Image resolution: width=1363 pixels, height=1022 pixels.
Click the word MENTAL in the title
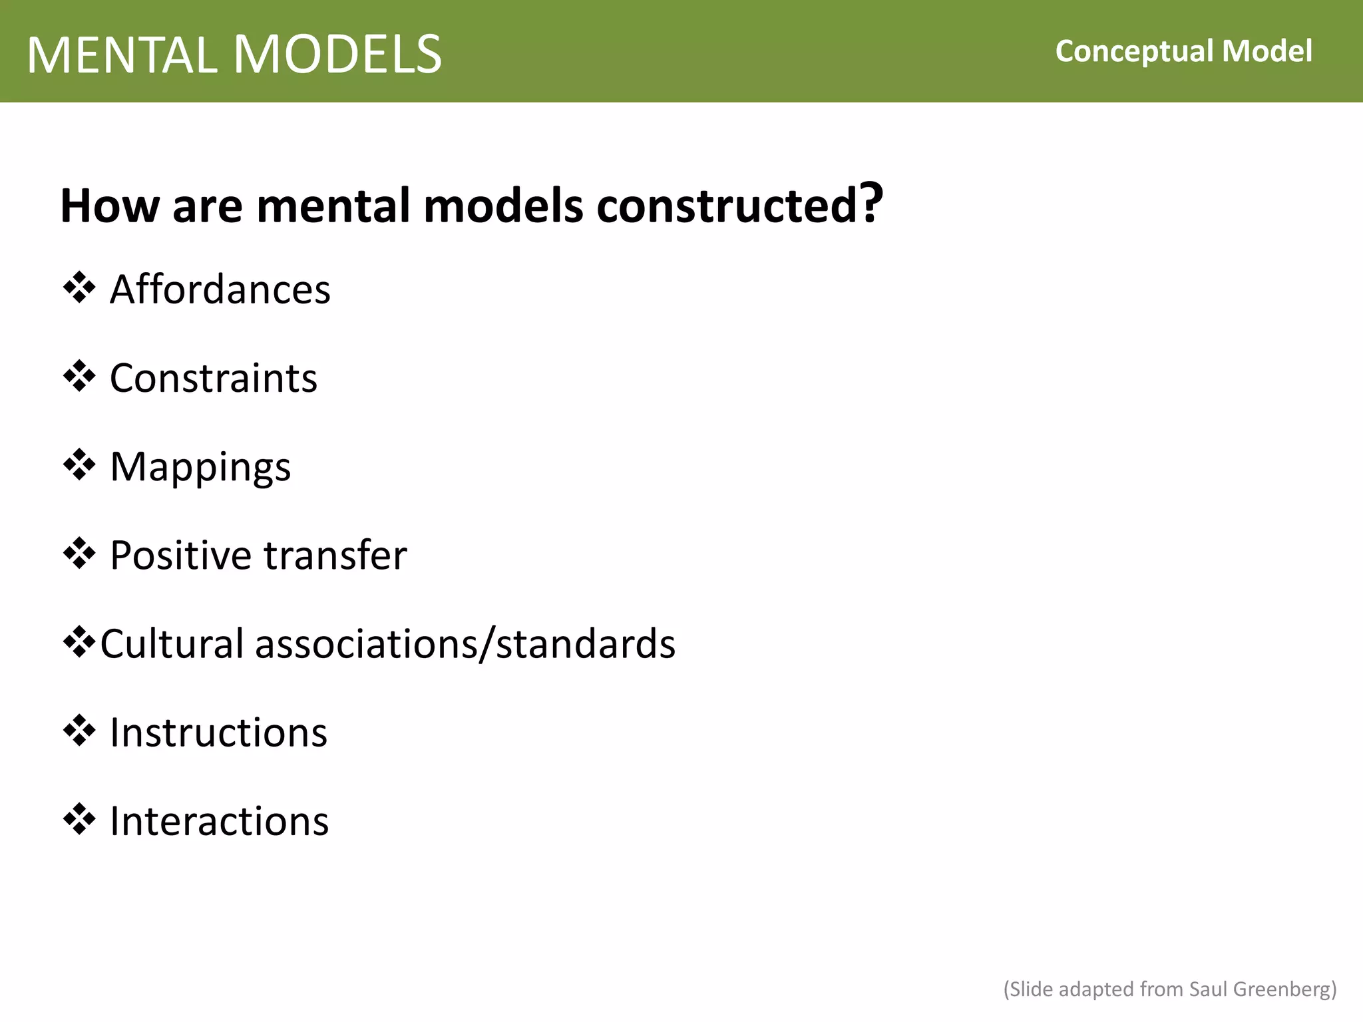click(122, 55)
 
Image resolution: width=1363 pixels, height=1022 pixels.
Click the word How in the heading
click(110, 206)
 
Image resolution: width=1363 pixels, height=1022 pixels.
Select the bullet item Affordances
click(220, 289)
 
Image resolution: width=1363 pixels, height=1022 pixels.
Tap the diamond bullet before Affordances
click(79, 287)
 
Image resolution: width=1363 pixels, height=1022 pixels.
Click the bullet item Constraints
click(213, 378)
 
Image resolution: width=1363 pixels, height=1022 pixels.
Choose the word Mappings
click(200, 467)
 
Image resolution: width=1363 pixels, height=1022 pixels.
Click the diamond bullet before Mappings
click(79, 464)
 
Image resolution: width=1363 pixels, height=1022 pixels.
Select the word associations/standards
click(465, 644)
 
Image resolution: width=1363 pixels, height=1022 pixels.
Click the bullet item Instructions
click(218, 733)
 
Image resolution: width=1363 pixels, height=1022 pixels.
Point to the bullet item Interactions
click(219, 821)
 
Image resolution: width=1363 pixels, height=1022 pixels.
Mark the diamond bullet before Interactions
click(79, 819)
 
